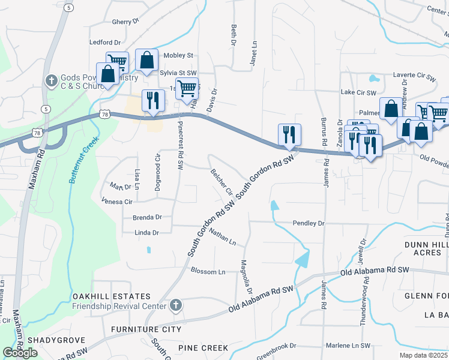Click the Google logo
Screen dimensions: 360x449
(x=20, y=353)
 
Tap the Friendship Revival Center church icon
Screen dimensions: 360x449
(x=175, y=306)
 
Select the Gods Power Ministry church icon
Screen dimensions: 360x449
(x=52, y=80)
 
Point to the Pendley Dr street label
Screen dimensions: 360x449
(x=308, y=223)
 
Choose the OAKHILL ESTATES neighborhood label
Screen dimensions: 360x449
(x=111, y=296)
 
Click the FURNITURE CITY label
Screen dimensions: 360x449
(x=146, y=329)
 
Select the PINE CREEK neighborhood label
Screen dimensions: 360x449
(x=202, y=348)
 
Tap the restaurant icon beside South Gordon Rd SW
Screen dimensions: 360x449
(x=289, y=135)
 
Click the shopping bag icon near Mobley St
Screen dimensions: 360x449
(x=146, y=60)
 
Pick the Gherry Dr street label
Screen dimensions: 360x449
(x=125, y=22)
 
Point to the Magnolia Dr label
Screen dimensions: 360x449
(x=246, y=277)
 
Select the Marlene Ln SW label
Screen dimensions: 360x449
(x=348, y=346)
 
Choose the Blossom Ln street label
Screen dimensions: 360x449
(x=208, y=272)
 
